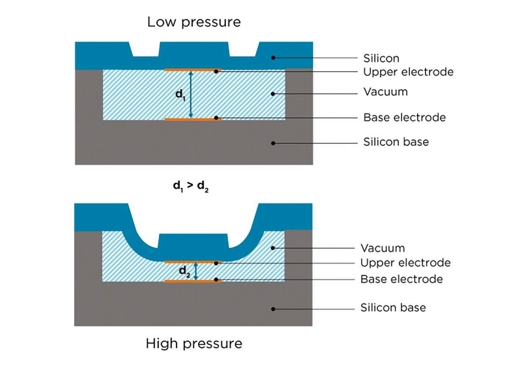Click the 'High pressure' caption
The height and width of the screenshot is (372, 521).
coord(194,344)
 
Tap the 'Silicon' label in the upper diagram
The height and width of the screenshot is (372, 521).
coord(381,58)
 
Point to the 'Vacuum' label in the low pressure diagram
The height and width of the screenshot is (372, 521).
coord(386,92)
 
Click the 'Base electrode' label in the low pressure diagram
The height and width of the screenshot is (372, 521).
coord(405,118)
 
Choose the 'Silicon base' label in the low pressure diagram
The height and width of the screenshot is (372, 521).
coord(396,142)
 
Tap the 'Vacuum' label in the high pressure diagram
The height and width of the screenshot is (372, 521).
coord(383,248)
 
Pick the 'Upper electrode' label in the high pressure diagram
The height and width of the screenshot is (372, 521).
coord(406,263)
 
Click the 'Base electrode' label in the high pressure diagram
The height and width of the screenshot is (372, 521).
coord(402,279)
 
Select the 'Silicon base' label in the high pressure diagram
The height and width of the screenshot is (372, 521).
coord(393,308)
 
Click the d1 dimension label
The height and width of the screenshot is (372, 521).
coord(181,95)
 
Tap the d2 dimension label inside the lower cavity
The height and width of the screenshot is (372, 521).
coord(185,272)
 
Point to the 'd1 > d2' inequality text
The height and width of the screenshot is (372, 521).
coord(191,187)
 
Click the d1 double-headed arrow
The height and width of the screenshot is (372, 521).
coord(191,94)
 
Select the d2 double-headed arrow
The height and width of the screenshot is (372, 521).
coord(196,271)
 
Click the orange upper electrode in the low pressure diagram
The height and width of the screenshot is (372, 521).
coord(193,70)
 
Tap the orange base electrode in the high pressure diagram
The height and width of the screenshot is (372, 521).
coord(193,281)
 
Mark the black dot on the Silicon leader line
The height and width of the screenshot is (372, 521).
coord(273,58)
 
